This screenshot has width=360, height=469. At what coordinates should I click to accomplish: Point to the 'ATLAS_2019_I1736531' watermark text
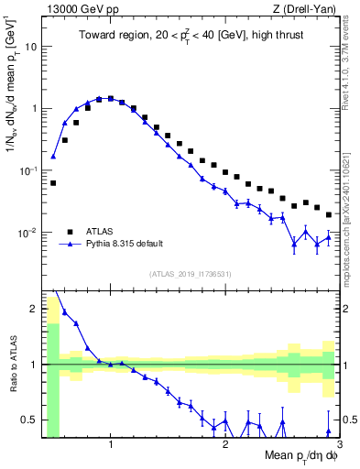point(191,273)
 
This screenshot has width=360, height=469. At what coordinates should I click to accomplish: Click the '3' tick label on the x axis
point(339,444)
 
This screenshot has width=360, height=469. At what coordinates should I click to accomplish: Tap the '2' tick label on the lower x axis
point(225,444)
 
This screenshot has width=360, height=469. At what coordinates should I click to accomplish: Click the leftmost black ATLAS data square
point(53,183)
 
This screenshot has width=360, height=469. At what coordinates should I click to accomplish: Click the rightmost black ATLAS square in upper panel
point(329,214)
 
